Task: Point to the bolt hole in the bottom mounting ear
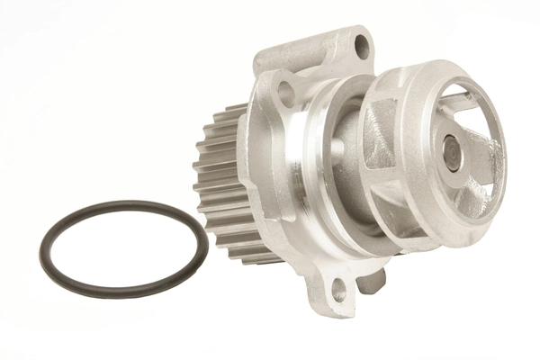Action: tap(338, 290)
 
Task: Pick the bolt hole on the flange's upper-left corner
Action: tap(286, 89)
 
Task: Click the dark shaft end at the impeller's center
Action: tap(453, 154)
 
